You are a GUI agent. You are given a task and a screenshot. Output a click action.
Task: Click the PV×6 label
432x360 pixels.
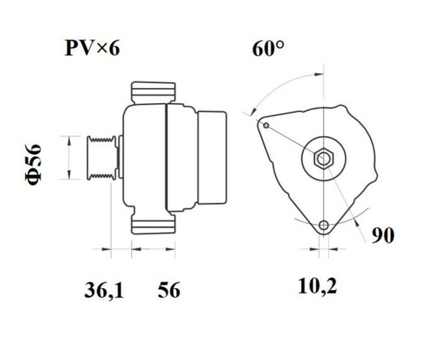pyautogui.click(x=92, y=48)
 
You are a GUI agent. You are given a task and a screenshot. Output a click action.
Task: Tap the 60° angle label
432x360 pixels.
pyautogui.click(x=268, y=49)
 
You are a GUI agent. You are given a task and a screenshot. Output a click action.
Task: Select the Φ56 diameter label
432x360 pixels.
pyautogui.click(x=33, y=164)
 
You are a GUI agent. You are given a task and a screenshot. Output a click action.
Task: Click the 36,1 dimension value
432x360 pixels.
pyautogui.click(x=104, y=290)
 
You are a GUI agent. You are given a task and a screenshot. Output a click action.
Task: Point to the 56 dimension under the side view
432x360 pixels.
pyautogui.click(x=169, y=289)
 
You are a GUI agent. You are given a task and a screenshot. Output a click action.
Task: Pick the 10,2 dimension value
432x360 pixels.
pyautogui.click(x=318, y=286)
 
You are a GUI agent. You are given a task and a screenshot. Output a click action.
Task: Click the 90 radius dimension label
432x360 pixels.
pyautogui.click(x=383, y=235)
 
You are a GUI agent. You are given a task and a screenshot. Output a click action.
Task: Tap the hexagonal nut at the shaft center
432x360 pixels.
pyautogui.click(x=323, y=158)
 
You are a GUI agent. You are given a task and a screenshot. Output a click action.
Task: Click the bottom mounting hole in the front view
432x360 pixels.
pyautogui.click(x=324, y=225)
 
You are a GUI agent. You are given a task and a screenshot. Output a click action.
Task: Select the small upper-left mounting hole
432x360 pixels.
pyautogui.click(x=266, y=125)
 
